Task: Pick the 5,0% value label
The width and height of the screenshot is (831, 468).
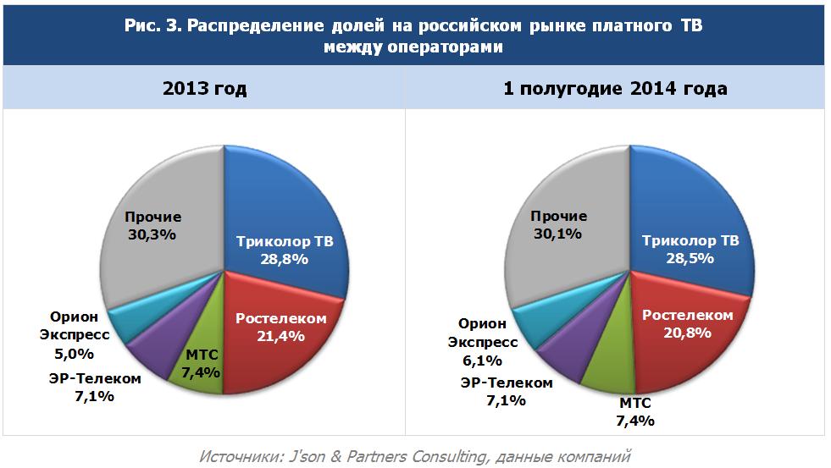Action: click(x=74, y=353)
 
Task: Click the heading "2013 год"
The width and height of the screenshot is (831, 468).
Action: click(x=205, y=89)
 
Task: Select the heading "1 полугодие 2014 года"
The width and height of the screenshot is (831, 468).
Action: click(x=615, y=89)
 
